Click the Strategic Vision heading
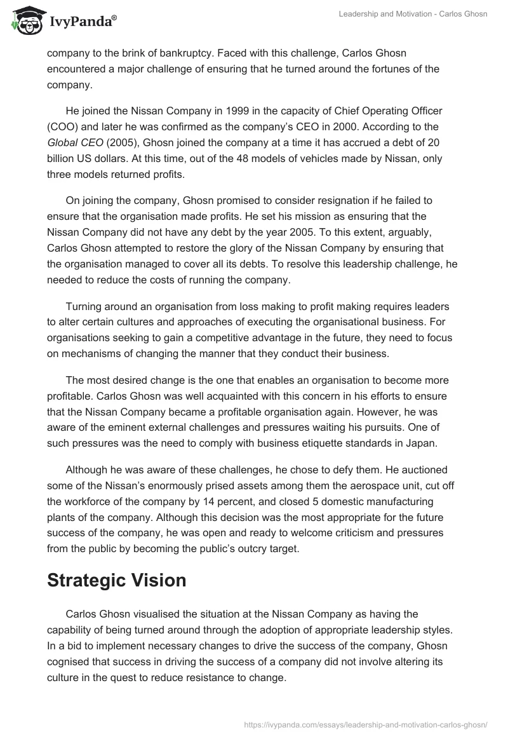116,581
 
